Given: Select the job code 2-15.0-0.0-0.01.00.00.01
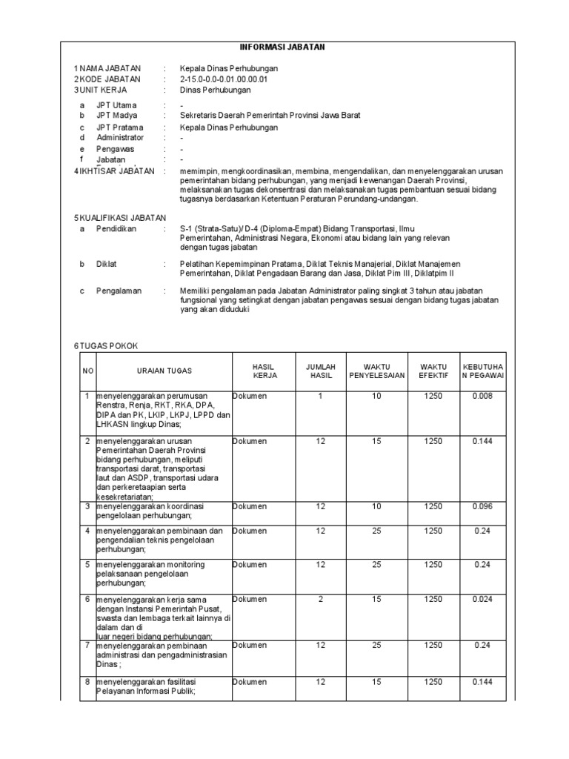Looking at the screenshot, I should pos(224,79).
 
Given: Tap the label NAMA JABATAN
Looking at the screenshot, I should pos(110,68).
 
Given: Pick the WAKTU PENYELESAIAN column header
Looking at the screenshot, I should pos(376,371).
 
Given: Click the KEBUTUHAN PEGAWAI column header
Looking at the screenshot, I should pos(483,371).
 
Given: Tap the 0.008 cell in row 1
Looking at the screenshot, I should pos(483,397).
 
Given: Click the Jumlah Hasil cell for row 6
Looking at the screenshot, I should pos(321,599).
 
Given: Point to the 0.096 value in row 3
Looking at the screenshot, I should pos(483,506).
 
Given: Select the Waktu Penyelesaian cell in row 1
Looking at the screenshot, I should pos(376,397).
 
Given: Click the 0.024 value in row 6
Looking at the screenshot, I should pos(483,599).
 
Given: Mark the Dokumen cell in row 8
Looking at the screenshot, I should pos(250,682).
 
